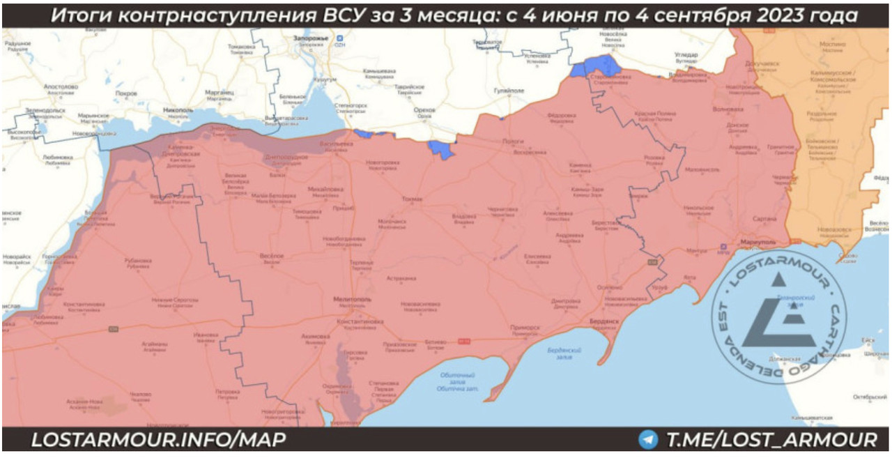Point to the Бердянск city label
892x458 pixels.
pos(603,321)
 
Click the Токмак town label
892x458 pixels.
pos(412,199)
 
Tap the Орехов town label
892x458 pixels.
pos(424,110)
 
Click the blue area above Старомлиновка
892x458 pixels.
pos(594,68)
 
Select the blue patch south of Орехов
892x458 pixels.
pos(440,148)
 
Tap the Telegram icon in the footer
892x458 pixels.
pos(648,440)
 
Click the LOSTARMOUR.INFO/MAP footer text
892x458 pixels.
pos(158,440)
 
